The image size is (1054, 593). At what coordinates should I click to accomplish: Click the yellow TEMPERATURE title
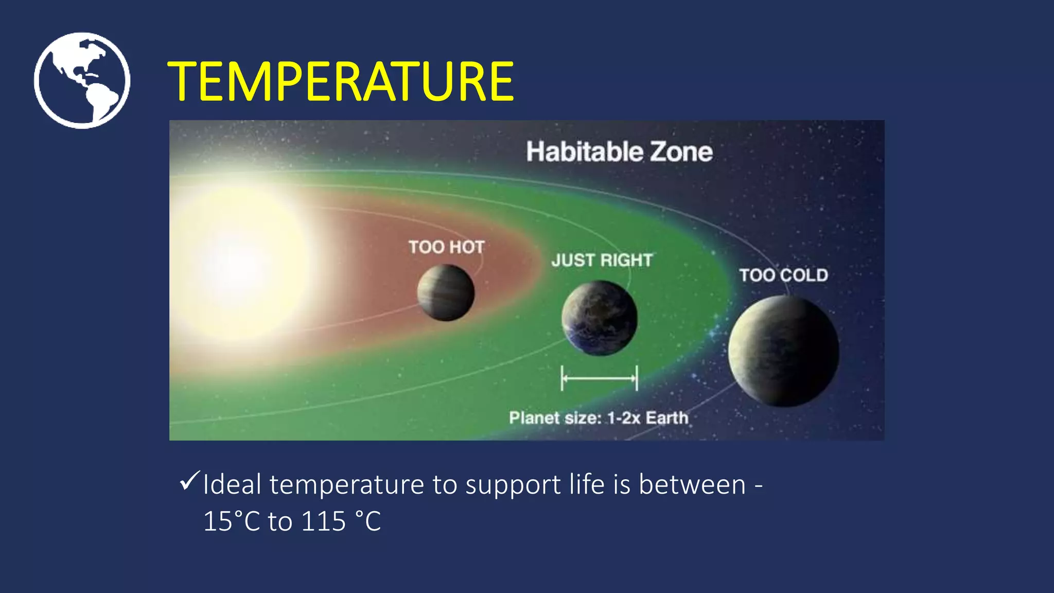click(340, 81)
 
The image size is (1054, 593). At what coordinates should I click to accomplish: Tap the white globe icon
click(82, 80)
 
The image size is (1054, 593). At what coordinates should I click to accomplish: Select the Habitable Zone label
click(619, 152)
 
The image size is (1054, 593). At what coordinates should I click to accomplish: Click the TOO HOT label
click(446, 247)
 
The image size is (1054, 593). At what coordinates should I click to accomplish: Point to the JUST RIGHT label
click(602, 260)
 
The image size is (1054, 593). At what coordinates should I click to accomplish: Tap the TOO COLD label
click(783, 275)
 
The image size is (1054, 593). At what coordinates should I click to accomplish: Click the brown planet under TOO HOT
click(446, 293)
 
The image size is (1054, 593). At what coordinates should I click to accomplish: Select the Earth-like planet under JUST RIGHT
click(600, 318)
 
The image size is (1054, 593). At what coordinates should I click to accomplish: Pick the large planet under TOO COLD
click(783, 351)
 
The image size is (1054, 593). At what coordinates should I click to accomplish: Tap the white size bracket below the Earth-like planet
click(599, 378)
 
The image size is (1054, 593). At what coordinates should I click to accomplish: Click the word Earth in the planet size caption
click(666, 417)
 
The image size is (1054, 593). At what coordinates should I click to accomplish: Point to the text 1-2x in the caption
click(624, 417)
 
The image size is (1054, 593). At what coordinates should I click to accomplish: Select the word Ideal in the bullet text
click(232, 485)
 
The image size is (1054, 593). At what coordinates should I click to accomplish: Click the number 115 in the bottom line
click(323, 521)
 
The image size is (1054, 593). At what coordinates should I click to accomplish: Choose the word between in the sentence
click(692, 485)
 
